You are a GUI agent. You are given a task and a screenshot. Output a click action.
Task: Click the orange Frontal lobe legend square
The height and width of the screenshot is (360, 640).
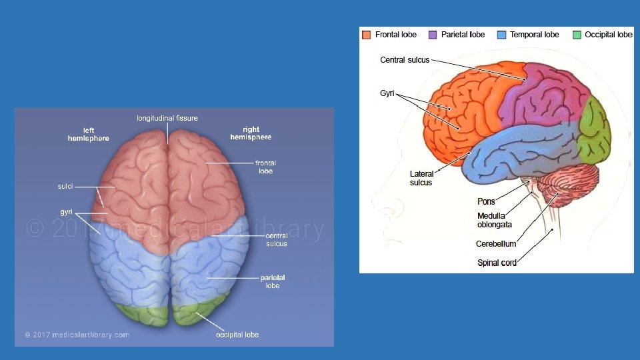click(367, 35)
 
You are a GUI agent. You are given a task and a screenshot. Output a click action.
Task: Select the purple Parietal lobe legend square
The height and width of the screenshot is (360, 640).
click(433, 35)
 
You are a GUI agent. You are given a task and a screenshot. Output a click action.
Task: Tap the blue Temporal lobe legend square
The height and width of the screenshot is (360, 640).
click(502, 35)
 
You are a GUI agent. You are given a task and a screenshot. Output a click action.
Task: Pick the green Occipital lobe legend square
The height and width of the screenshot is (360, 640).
click(577, 35)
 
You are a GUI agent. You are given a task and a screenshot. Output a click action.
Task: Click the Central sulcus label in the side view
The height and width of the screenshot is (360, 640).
click(405, 60)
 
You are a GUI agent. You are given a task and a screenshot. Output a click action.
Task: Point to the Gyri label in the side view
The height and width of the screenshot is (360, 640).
click(387, 93)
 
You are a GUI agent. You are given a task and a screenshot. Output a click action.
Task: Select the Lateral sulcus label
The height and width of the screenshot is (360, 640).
click(421, 178)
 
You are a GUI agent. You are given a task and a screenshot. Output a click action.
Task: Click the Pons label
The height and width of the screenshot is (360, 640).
click(486, 201)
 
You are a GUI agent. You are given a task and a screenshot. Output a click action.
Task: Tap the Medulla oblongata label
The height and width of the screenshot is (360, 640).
click(494, 220)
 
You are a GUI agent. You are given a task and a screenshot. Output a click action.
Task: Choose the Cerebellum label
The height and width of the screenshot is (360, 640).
click(496, 244)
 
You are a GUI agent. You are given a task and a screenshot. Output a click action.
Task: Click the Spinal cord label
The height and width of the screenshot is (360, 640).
click(497, 263)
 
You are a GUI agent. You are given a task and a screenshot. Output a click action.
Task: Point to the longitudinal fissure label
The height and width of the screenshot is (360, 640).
click(167, 118)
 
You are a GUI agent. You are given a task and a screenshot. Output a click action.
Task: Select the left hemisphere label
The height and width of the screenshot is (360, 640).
click(89, 134)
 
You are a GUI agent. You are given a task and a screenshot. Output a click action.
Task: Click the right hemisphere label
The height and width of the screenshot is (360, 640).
click(251, 133)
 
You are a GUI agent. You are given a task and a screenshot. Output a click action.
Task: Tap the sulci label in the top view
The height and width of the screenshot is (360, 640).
click(65, 187)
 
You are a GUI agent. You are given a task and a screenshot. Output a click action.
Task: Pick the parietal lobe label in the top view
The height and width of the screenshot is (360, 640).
click(273, 281)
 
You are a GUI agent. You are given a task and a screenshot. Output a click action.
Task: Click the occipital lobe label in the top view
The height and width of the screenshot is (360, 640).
click(237, 335)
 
